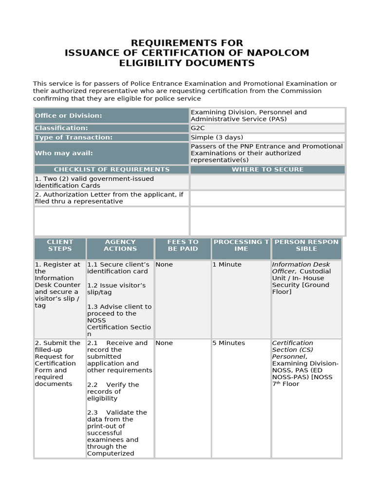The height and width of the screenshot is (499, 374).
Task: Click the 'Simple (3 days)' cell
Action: [217, 137]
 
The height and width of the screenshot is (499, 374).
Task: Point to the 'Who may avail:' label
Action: [63, 153]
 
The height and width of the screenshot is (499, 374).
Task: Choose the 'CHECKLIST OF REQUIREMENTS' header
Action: [112, 170]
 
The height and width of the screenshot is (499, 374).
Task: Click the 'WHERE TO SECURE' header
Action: [267, 170]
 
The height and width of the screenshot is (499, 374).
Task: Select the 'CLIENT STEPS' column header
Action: [60, 245]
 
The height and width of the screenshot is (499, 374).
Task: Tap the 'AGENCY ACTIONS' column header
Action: [120, 245]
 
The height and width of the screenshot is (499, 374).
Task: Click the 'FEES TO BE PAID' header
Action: [183, 245]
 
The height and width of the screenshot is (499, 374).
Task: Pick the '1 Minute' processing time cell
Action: [226, 265]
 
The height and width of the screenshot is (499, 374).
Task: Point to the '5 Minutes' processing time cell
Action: [228, 343]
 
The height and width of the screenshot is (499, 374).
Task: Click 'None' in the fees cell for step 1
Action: [164, 265]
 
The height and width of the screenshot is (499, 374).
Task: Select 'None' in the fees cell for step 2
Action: [164, 343]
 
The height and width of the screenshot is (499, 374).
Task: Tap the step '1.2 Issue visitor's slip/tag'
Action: [116, 288]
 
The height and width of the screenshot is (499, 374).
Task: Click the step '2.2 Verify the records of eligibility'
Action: [112, 391]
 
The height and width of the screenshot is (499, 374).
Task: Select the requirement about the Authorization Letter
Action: [109, 198]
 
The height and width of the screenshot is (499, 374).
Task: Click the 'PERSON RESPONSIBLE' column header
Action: [306, 245]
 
